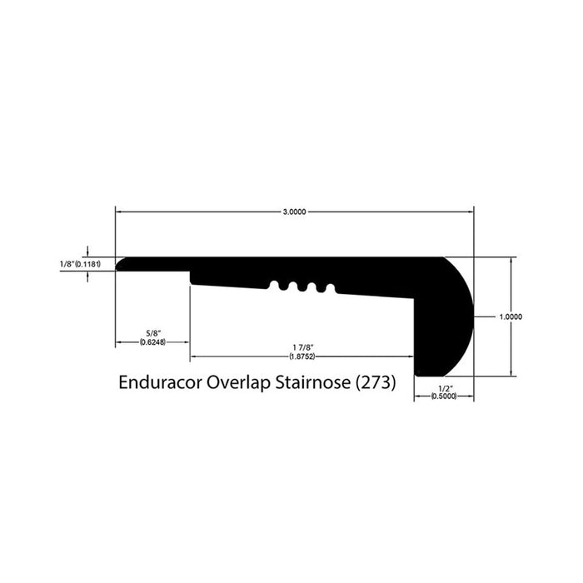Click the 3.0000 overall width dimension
tap(294, 212)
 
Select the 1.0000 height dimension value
tap(510, 316)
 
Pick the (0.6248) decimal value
tap(152, 341)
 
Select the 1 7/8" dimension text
tap(301, 347)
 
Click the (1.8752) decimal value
tap(301, 356)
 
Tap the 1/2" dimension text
tap(443, 388)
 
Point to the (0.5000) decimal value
tap(443, 397)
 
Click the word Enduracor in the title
tap(160, 384)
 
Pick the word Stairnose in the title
tap(313, 384)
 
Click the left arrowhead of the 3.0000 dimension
tap(119, 212)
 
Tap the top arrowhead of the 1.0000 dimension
tap(510, 261)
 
